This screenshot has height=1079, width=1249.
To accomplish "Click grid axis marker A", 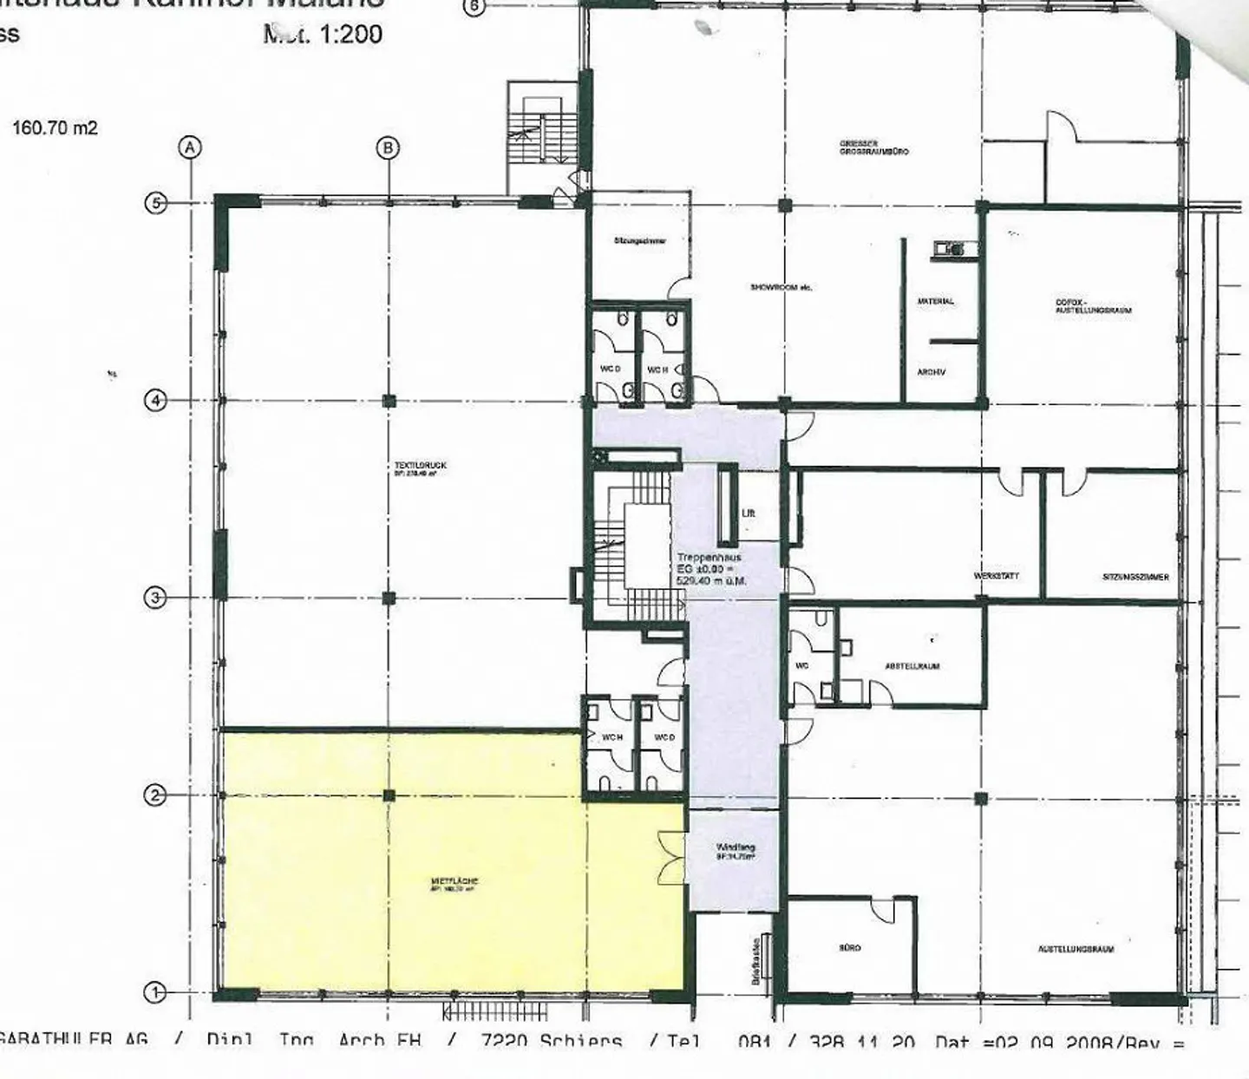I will (191, 147).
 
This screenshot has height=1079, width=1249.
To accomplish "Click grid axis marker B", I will (388, 147).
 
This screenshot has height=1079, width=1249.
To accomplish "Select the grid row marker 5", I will (154, 204).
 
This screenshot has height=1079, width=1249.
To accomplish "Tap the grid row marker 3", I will (154, 598).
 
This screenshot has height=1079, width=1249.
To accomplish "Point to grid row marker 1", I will (154, 992).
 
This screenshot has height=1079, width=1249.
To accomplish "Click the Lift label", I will (749, 513).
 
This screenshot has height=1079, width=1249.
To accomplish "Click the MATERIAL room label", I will (935, 301).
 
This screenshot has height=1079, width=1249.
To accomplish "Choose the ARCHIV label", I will (931, 372).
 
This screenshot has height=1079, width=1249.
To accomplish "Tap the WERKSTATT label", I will (996, 576).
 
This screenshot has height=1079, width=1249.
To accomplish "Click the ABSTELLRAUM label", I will (912, 666).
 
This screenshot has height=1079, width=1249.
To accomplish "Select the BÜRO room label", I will (850, 948).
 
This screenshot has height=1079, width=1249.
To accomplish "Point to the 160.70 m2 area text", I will (55, 128).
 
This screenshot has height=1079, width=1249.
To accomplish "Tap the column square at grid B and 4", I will (389, 401).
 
